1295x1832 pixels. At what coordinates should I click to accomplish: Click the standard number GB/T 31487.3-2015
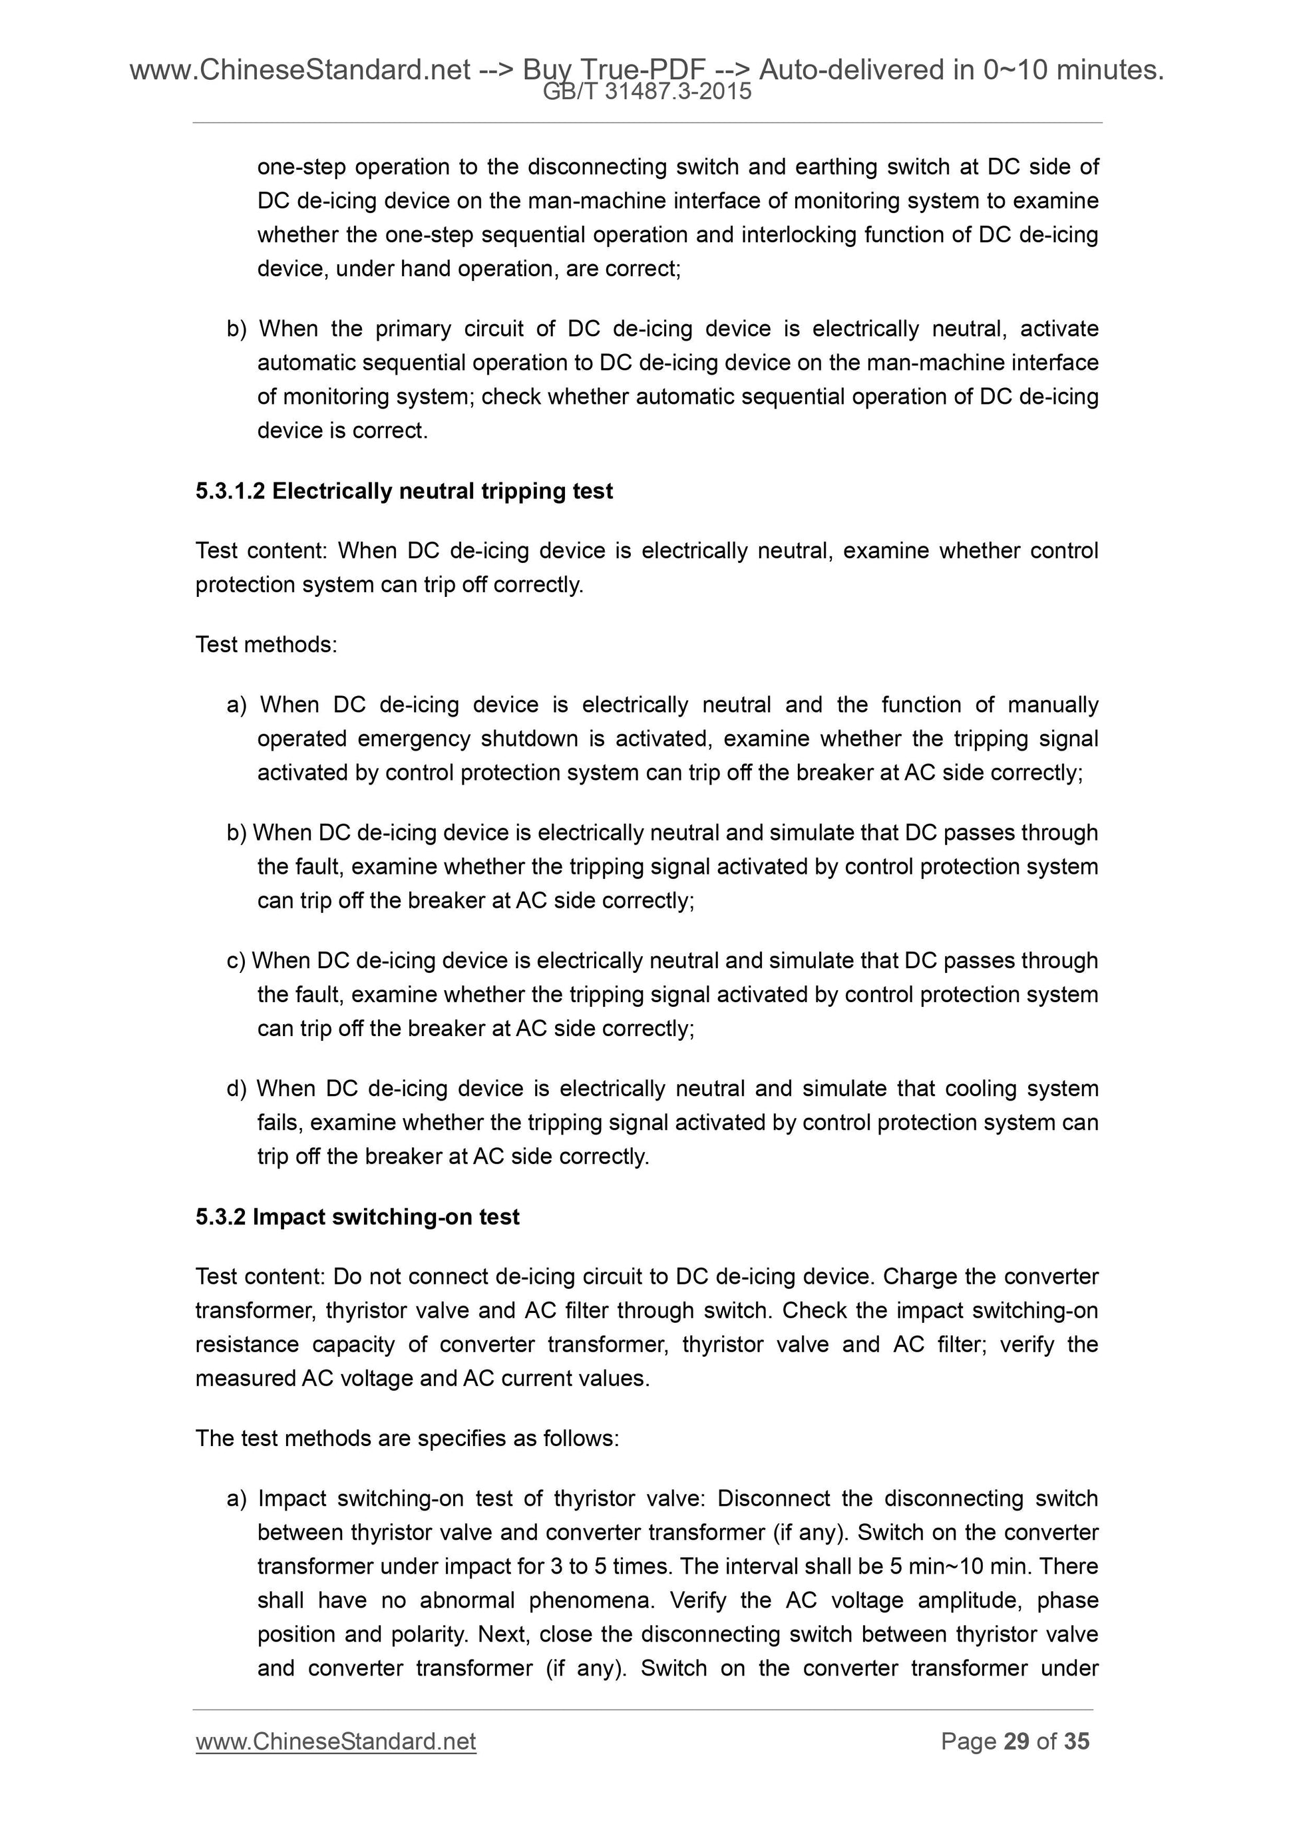646,92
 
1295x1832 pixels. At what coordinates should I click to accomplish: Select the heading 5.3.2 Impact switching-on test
357,1217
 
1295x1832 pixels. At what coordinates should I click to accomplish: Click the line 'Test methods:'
266,644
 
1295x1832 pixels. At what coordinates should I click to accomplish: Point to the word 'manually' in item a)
1052,705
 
